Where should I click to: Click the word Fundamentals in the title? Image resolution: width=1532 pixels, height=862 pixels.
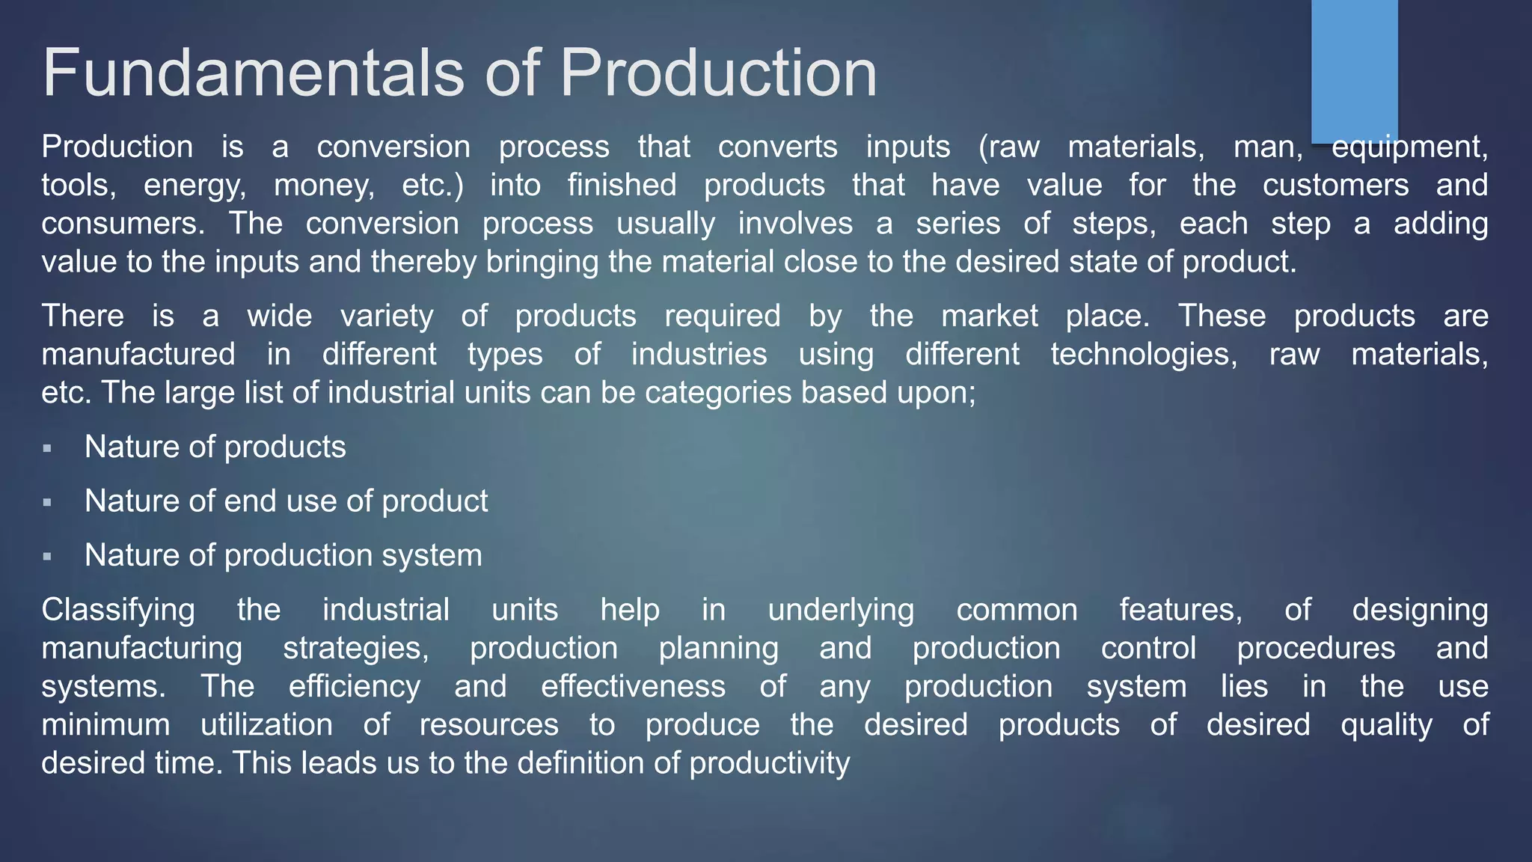(x=254, y=73)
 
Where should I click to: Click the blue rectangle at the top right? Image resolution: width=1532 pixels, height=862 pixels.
(x=1354, y=71)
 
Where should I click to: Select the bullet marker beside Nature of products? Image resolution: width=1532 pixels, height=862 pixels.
(x=47, y=448)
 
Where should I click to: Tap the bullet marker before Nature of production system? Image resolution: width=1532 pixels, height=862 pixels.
(x=47, y=557)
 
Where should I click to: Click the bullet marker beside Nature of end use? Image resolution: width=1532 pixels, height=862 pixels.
(x=47, y=502)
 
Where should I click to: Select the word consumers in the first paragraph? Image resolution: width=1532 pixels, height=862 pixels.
(x=123, y=224)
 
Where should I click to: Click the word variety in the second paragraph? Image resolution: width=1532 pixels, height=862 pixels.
(x=387, y=317)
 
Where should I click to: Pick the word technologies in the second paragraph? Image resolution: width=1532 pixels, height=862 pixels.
(x=1144, y=355)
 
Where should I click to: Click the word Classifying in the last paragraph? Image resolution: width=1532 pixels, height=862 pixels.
(x=118, y=611)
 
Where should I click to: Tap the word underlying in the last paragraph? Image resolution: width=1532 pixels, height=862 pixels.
(x=841, y=611)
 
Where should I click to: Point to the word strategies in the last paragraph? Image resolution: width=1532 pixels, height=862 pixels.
(x=356, y=649)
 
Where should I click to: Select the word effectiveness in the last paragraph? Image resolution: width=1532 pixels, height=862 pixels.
(x=633, y=687)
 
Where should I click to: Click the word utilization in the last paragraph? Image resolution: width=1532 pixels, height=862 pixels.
(x=266, y=725)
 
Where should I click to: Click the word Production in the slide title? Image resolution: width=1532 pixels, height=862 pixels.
(x=718, y=73)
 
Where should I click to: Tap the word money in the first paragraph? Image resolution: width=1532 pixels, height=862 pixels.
(x=324, y=186)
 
